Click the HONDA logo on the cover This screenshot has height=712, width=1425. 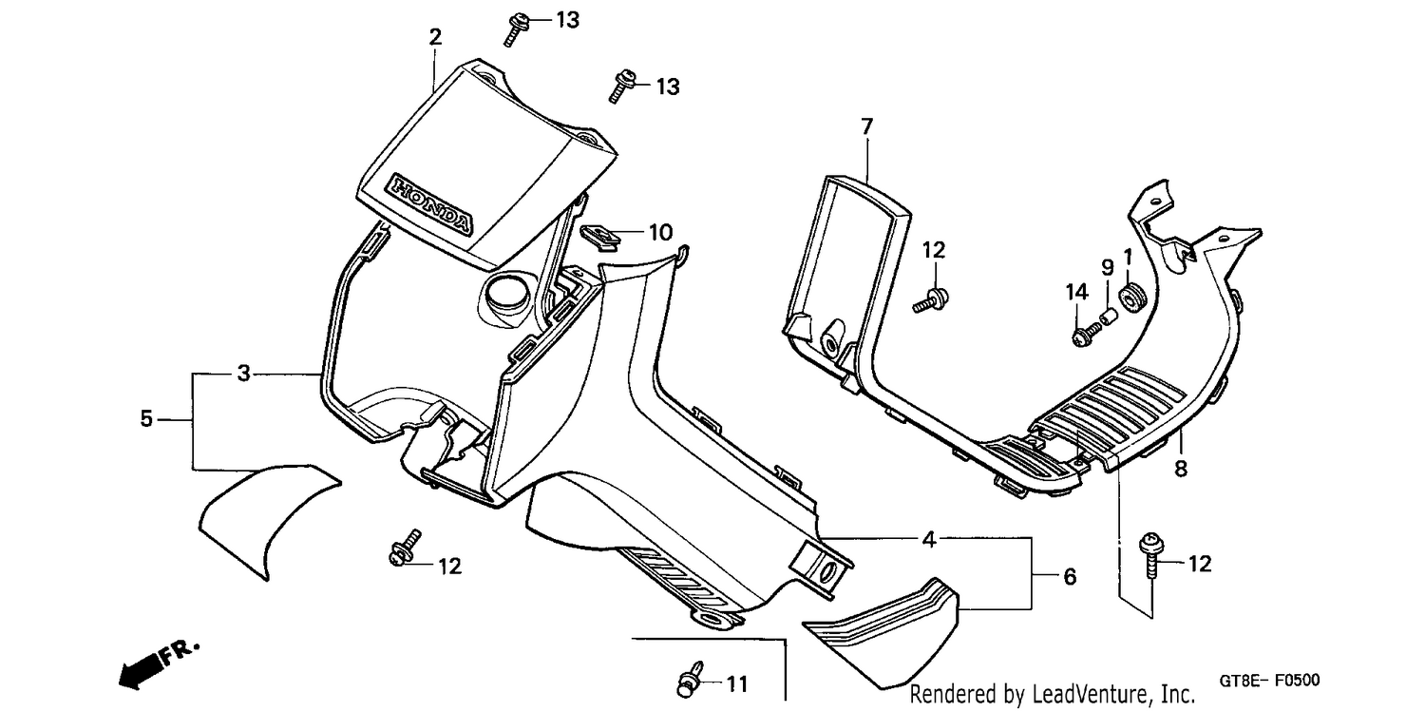pos(432,204)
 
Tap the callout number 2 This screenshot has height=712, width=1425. pos(435,37)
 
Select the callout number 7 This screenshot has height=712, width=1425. pos(867,127)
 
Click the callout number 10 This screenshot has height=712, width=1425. pos(660,233)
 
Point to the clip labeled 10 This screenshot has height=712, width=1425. pos(600,237)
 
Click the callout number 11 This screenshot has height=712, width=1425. pos(736,684)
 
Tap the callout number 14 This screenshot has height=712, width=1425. pos(1077,292)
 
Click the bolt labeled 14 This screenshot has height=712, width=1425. pos(1087,334)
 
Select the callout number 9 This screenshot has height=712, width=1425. pos(1108,267)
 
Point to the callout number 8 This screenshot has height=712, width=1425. pos(1181,469)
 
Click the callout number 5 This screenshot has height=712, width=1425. pos(146,418)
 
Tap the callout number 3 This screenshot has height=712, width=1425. pos(243,374)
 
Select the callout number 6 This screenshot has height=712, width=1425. pos(1070,577)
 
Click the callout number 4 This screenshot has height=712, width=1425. pos(929,540)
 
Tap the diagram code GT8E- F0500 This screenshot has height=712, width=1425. pos(1269,681)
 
